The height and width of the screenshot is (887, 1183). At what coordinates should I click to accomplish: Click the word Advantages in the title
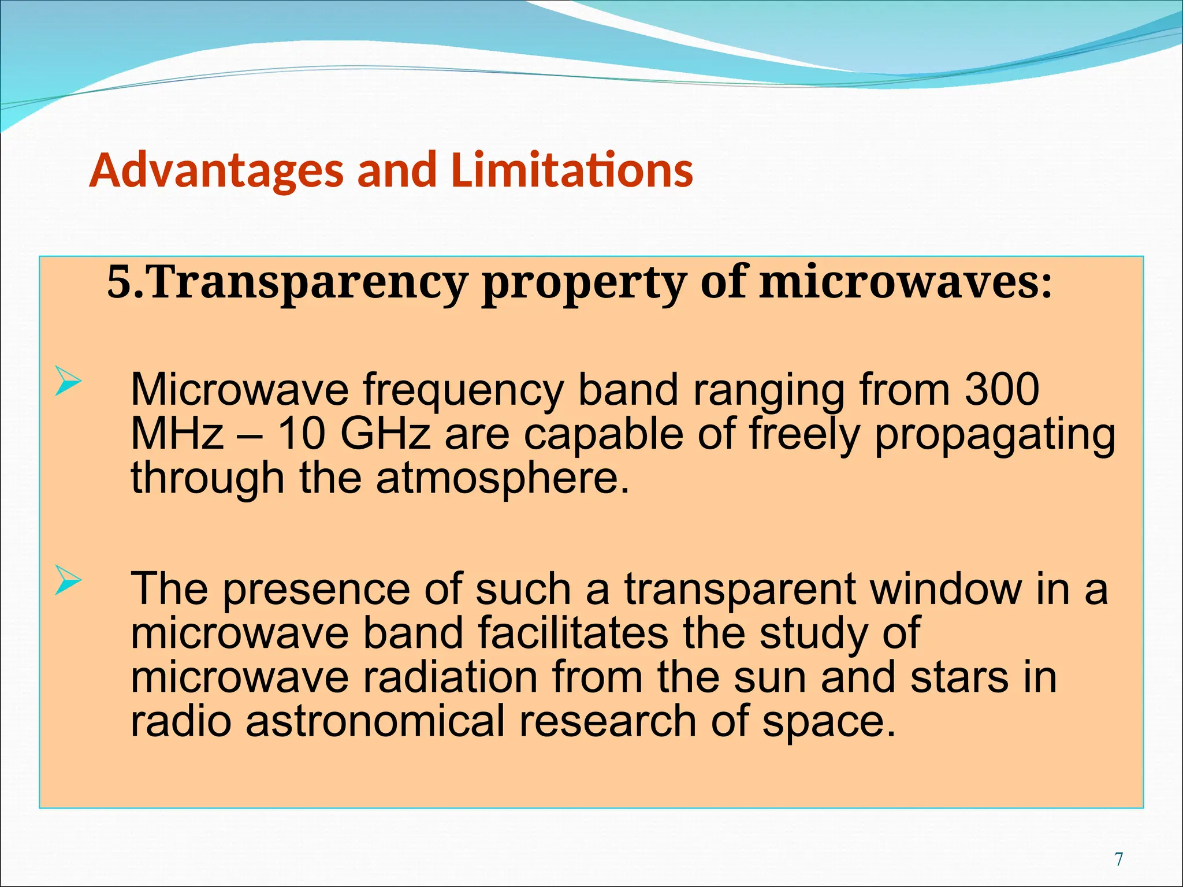pyautogui.click(x=216, y=170)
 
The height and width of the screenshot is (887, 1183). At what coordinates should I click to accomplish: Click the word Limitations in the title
pyautogui.click(x=571, y=170)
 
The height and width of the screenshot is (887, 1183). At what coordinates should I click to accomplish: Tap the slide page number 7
pyautogui.click(x=1119, y=859)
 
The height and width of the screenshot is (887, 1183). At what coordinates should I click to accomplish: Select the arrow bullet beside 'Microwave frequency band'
pyautogui.click(x=68, y=382)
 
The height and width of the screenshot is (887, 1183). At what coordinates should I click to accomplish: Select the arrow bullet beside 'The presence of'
pyautogui.click(x=68, y=581)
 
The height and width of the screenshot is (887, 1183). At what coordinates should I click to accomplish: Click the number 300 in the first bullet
pyautogui.click(x=1002, y=390)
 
